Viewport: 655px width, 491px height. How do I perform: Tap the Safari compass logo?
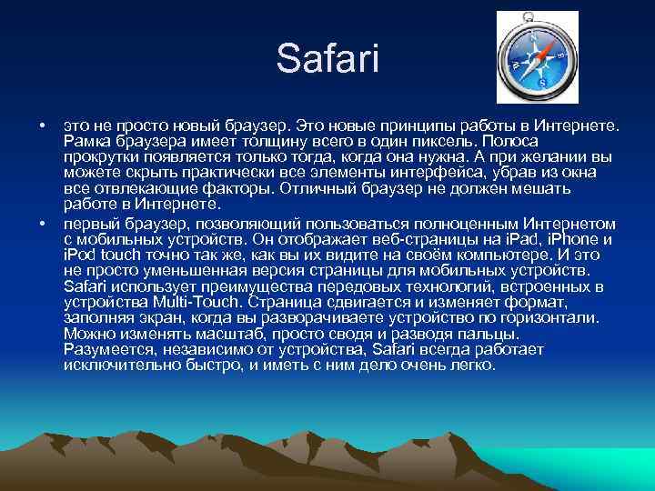(536, 57)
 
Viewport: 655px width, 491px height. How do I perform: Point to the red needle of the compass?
(543, 49)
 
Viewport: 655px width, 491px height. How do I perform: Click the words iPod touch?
(102, 256)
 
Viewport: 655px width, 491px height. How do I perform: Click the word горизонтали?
(555, 317)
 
